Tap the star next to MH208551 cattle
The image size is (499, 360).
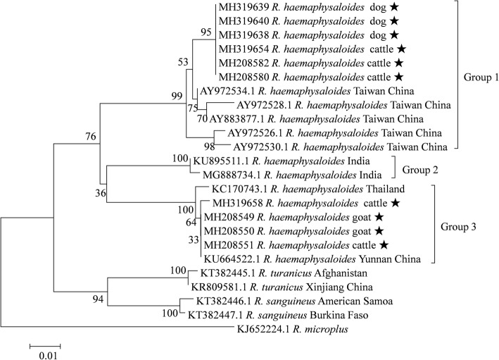pos(384,245)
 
